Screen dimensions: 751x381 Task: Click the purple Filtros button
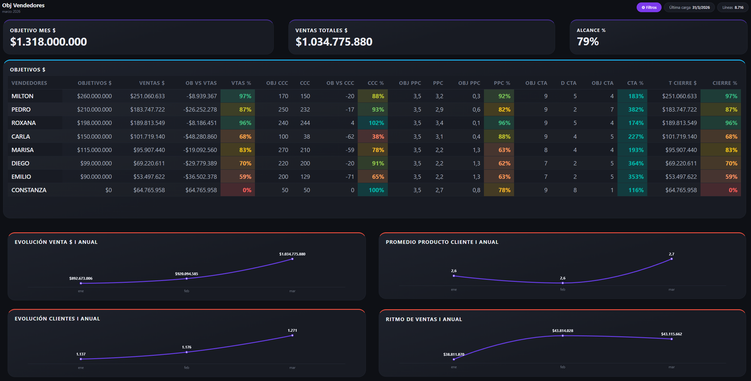tap(649, 8)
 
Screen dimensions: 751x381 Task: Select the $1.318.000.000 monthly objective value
tap(48, 42)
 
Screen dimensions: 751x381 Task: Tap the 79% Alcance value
tap(587, 42)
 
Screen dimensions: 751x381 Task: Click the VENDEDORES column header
tap(29, 83)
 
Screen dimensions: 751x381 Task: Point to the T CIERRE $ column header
tap(682, 83)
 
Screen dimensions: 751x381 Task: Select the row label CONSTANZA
tap(29, 190)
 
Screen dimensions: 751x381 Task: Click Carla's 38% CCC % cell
tap(373, 137)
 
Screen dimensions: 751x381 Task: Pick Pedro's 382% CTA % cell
tap(632, 110)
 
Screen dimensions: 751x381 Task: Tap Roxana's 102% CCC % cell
tap(373, 123)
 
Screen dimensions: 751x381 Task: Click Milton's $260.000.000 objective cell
tap(94, 96)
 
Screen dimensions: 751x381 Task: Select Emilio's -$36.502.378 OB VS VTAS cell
tap(200, 176)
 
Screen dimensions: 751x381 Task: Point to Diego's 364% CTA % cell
tap(632, 163)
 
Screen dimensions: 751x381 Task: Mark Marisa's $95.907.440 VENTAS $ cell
tap(149, 150)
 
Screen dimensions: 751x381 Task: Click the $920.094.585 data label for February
tap(186, 274)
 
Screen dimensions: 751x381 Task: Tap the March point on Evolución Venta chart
tap(292, 259)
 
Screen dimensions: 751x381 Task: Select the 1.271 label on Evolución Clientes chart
tap(292, 330)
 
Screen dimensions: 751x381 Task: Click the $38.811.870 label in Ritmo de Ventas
tap(453, 354)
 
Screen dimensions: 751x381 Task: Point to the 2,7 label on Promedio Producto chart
tap(672, 254)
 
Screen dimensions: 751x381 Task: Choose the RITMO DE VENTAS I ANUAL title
tap(424, 320)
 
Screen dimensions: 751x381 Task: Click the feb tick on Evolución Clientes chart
tap(186, 367)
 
